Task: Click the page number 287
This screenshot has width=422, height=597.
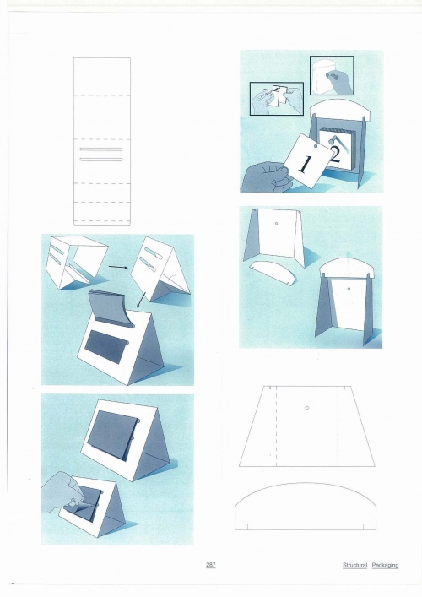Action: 210,565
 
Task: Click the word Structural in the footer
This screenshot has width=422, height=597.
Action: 354,565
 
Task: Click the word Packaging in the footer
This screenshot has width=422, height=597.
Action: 385,566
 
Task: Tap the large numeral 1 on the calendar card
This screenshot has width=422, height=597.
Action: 305,165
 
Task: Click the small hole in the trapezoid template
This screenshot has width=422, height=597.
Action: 307,408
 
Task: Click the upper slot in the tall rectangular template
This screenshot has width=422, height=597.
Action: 101,149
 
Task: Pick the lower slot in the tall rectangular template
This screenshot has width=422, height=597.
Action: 101,159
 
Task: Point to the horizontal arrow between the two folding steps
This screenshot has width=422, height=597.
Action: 118,267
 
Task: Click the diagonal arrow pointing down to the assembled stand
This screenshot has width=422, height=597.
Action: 140,300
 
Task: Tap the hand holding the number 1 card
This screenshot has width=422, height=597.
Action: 267,177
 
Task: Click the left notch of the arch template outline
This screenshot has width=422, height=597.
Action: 246,527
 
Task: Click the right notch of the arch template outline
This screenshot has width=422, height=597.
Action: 364,527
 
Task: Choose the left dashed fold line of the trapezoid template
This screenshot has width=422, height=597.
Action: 276,426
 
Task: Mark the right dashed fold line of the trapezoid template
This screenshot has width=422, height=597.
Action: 338,426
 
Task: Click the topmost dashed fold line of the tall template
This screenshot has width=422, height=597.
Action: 102,95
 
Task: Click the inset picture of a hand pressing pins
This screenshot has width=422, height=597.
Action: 332,75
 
